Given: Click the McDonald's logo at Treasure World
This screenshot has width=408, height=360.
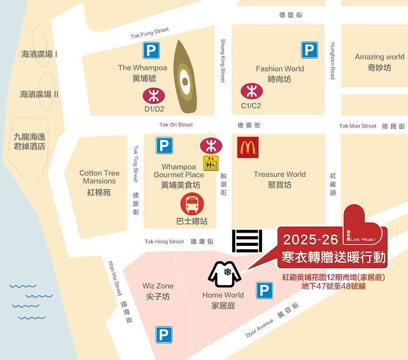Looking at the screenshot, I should [248, 147].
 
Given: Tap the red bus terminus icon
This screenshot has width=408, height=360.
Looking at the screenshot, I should [192, 205].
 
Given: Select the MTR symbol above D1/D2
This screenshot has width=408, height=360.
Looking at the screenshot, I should [153, 95].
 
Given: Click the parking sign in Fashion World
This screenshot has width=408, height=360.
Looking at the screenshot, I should [309, 50].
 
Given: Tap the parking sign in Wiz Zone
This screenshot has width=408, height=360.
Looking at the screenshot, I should [164, 335].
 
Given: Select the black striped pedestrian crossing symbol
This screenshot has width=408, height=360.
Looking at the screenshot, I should [247, 241].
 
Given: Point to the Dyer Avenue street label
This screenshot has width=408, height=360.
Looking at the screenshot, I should [259, 328].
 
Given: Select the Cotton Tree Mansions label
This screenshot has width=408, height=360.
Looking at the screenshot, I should [99, 177].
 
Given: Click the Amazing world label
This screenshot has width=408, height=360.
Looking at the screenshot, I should [379, 57].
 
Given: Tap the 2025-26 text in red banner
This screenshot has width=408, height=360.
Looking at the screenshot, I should [310, 240].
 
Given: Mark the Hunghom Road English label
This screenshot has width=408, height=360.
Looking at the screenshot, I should [333, 61].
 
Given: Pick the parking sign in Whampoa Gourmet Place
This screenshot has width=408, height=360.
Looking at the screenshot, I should [164, 145].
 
